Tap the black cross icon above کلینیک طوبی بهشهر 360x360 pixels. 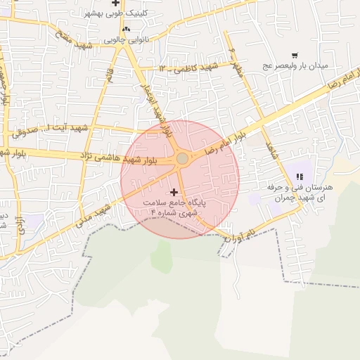[x=115, y=4]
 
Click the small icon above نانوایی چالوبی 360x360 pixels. [x=126, y=29]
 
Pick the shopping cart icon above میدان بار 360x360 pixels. [x=294, y=55]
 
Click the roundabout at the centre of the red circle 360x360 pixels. [x=182, y=159]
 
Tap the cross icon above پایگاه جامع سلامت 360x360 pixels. [x=174, y=192]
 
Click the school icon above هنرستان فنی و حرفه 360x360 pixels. [x=300, y=176]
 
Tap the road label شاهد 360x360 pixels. [x=268, y=149]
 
